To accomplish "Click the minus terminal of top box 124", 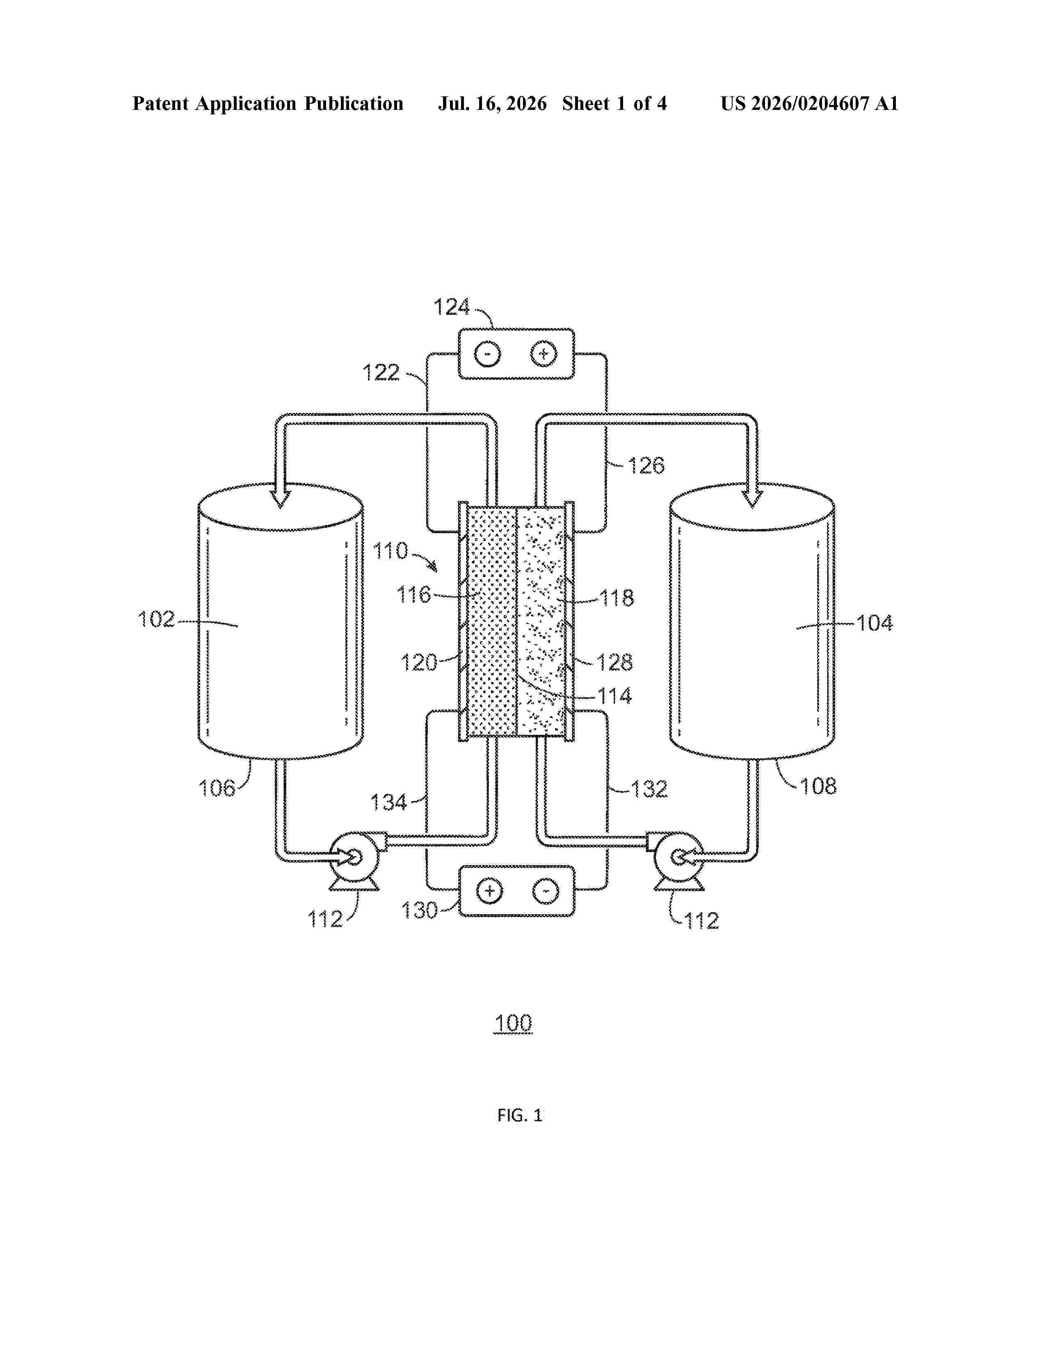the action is (488, 354).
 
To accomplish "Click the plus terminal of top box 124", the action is (544, 354).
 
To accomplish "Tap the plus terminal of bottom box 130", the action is (489, 891).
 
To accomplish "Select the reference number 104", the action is (875, 623).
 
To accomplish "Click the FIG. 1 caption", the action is (519, 1116).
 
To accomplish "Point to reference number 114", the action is (614, 696).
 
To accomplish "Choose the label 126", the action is (646, 465).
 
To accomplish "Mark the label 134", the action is (388, 802).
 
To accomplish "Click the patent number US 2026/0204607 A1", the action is (809, 103).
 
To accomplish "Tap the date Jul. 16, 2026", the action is (493, 103).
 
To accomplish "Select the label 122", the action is (381, 372).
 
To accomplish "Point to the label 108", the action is (818, 786).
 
